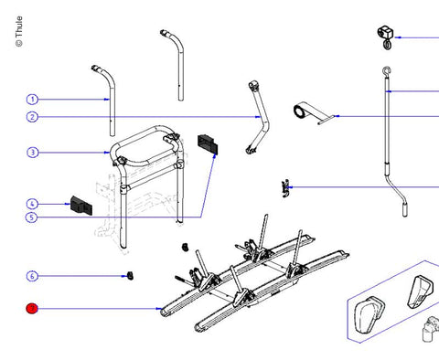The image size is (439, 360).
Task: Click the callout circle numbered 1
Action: pyautogui.click(x=32, y=100)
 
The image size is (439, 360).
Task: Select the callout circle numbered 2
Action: pyautogui.click(x=32, y=117)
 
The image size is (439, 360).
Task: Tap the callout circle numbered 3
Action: pyautogui.click(x=32, y=153)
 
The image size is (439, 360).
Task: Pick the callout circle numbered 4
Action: pyautogui.click(x=32, y=204)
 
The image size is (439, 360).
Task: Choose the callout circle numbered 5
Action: pyautogui.click(x=31, y=217)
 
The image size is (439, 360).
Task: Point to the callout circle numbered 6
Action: pyautogui.click(x=32, y=276)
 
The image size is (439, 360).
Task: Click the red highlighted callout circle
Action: pyautogui.click(x=32, y=309)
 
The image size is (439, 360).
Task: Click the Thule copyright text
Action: pyautogui.click(x=19, y=31)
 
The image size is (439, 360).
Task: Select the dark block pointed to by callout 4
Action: pyautogui.click(x=81, y=206)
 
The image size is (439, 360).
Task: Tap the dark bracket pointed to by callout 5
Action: pyautogui.click(x=208, y=143)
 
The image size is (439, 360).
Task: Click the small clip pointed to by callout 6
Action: pyautogui.click(x=130, y=275)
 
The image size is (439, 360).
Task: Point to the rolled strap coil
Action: pyautogui.click(x=300, y=111)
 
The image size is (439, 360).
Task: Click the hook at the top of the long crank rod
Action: pyautogui.click(x=387, y=71)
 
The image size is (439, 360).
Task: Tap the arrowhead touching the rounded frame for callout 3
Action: pyautogui.click(x=107, y=153)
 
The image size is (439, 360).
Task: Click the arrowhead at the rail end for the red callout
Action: pyautogui.click(x=159, y=309)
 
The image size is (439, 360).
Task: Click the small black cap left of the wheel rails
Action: pyautogui.click(x=185, y=247)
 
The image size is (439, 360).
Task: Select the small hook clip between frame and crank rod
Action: pyautogui.click(x=285, y=188)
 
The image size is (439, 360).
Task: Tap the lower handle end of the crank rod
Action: pyautogui.click(x=404, y=210)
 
